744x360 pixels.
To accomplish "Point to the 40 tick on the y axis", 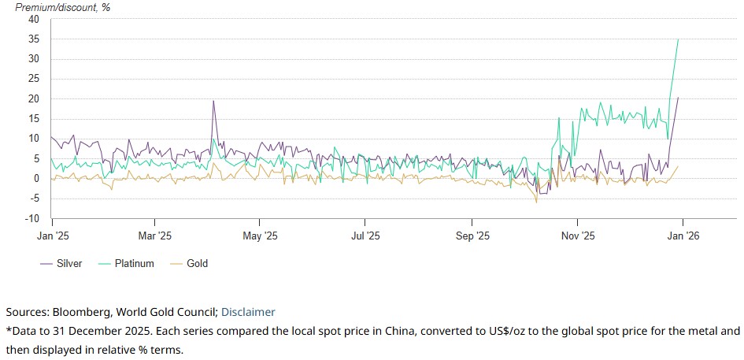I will (x=35, y=20).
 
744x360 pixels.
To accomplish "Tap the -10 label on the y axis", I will (x=32, y=218).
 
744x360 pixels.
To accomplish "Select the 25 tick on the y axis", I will (x=35, y=79).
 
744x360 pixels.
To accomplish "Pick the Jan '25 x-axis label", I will (x=52, y=236).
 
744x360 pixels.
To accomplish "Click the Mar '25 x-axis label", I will (x=154, y=236).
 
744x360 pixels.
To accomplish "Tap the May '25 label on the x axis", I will (x=260, y=236).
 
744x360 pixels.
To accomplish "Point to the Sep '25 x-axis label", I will (x=472, y=236).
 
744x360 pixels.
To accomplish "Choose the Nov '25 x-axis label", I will (x=577, y=236).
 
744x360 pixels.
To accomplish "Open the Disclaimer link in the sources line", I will (x=248, y=312).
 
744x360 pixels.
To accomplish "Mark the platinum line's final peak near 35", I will (x=679, y=39).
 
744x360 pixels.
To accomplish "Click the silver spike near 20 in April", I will (x=213, y=101).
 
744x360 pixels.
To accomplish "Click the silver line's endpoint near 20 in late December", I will (x=679, y=98).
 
